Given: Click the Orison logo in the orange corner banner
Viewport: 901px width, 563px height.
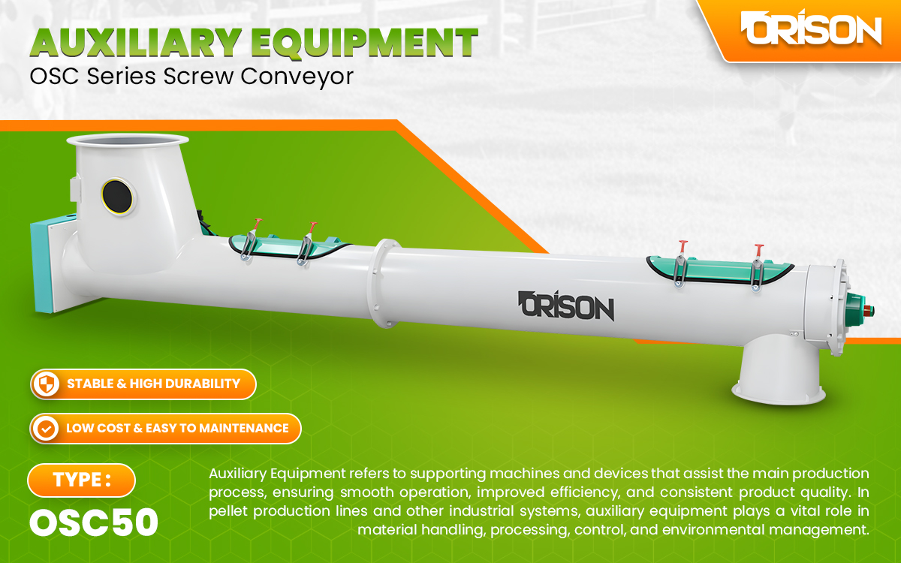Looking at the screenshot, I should pos(811,30).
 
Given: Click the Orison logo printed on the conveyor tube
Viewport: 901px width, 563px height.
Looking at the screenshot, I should pos(566,306).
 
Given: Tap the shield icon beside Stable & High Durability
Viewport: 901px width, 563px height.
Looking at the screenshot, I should pos(47,384).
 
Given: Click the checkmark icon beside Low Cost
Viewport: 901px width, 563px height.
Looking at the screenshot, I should pos(47,429).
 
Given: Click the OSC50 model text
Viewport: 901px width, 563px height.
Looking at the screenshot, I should pos(94,522).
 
